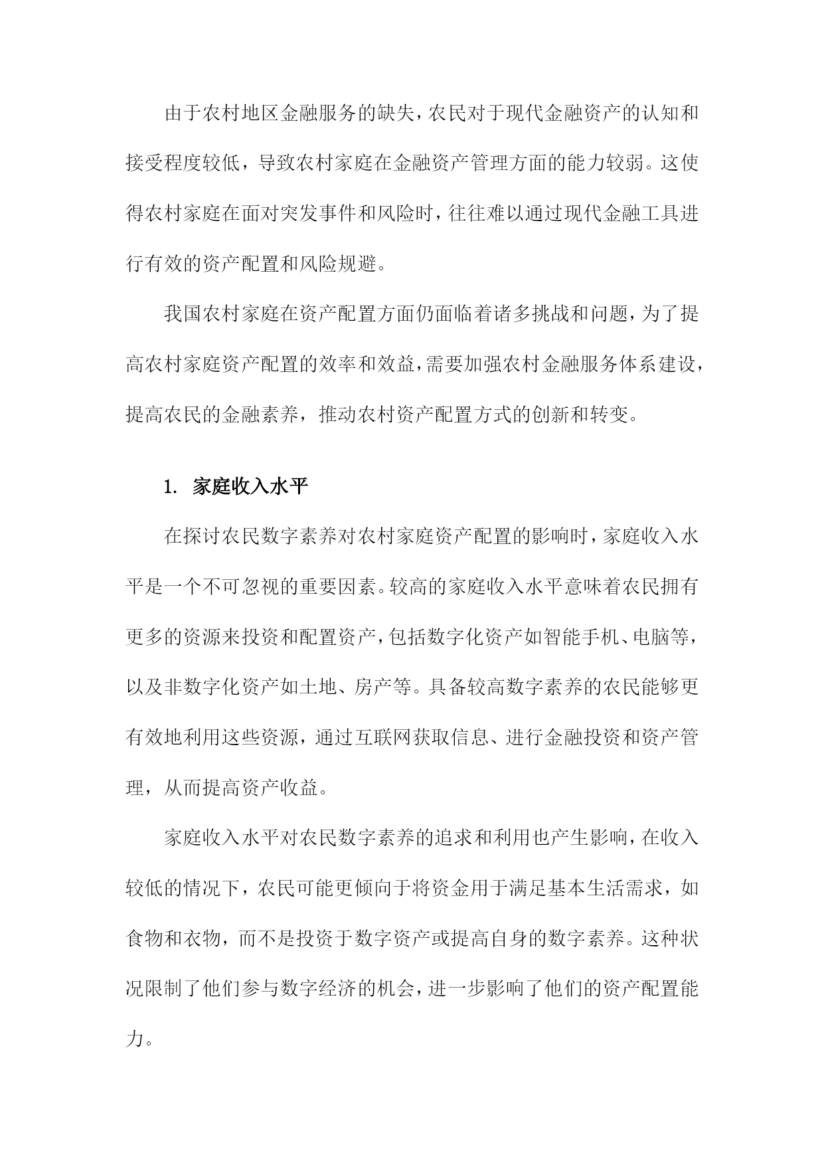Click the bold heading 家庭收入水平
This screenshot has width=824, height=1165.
[x=250, y=488]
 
